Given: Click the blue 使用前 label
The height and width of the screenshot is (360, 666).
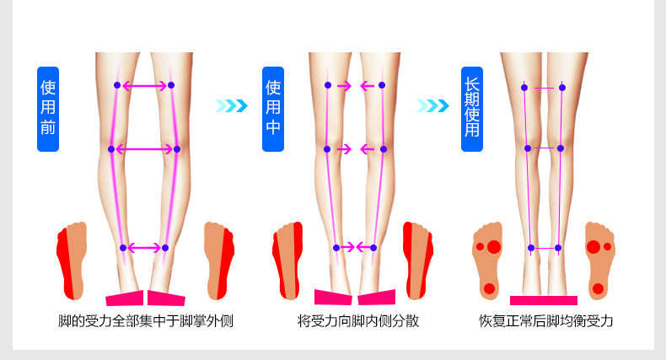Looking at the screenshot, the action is [48, 108].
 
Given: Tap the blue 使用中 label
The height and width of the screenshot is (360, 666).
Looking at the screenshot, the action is [273, 108].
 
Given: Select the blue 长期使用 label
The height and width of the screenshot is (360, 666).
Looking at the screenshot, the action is [471, 108].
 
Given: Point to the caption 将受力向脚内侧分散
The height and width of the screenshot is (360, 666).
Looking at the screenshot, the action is [357, 321].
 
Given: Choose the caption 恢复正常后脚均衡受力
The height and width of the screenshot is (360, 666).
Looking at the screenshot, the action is [545, 321].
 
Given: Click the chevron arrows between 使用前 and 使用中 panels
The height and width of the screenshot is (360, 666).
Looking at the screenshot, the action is [232, 105].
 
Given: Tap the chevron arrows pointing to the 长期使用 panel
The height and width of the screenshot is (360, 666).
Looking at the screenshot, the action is [433, 105].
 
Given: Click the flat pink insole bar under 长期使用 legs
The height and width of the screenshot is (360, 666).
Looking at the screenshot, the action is [544, 300].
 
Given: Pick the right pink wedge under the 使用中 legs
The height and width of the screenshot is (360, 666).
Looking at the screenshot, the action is [376, 297].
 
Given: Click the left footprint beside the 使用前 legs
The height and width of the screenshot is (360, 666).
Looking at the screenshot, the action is [71, 260].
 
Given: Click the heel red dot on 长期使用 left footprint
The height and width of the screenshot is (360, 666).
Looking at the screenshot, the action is [489, 288].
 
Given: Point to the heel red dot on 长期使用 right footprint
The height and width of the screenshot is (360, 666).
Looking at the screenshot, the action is [598, 288].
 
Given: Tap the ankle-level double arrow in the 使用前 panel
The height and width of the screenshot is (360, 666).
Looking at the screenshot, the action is [144, 248].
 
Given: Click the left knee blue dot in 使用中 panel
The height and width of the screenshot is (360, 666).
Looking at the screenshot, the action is [328, 149].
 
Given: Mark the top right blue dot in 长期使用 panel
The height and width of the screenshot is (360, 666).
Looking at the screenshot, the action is [562, 87].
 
